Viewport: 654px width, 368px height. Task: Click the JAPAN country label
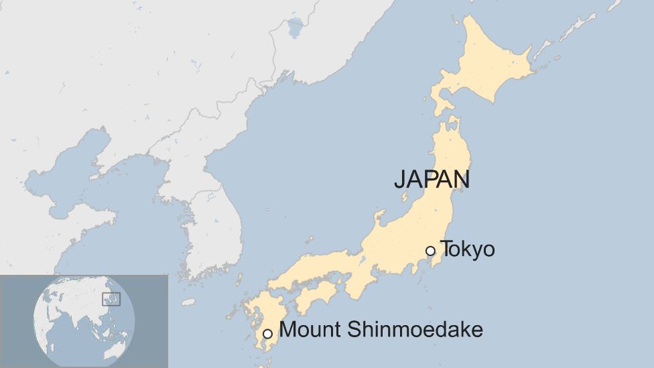[432, 180]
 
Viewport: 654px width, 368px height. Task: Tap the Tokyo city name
[468, 249]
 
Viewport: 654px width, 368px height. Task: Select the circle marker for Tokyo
[430, 251]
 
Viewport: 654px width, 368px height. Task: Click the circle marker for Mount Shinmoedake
[267, 333]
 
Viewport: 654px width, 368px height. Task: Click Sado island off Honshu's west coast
[405, 198]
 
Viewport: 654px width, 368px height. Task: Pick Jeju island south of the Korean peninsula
[188, 302]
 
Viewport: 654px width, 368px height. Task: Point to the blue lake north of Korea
[295, 27]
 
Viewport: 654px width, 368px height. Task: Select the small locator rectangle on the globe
[111, 299]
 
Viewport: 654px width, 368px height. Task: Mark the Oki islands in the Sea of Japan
[310, 239]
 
